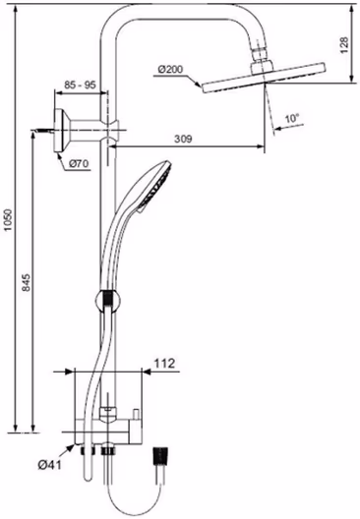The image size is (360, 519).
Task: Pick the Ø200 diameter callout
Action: (x=171, y=70)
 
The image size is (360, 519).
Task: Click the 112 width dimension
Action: (x=164, y=364)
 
